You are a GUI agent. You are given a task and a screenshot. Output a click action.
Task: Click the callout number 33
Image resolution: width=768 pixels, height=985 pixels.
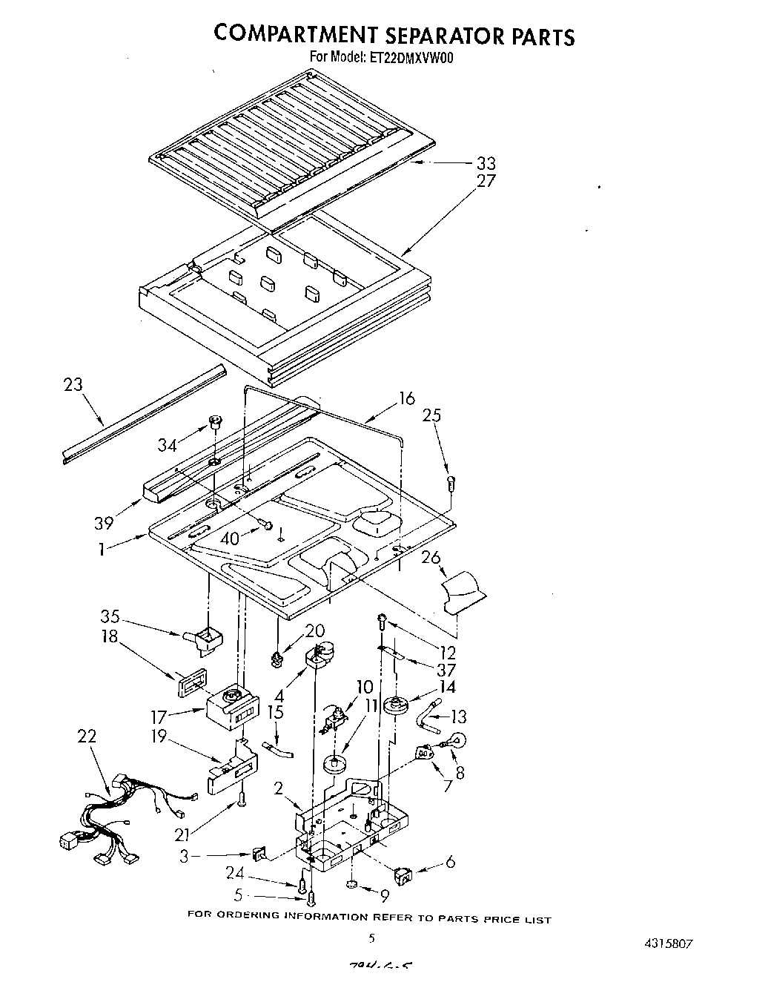pyautogui.click(x=486, y=163)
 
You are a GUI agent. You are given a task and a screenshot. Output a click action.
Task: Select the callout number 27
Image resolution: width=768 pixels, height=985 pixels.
pyautogui.click(x=486, y=180)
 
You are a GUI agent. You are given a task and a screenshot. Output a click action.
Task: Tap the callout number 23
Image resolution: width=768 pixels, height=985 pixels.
pyautogui.click(x=73, y=384)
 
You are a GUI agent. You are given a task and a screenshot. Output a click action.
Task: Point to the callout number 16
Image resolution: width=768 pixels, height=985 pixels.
pyautogui.click(x=406, y=398)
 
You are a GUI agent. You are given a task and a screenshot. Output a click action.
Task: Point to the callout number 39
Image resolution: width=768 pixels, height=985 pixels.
pyautogui.click(x=104, y=522)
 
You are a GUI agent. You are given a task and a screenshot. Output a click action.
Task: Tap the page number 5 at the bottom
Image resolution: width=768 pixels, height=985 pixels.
pyautogui.click(x=371, y=938)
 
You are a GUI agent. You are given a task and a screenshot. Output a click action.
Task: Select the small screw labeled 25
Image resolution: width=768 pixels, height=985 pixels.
pyautogui.click(x=451, y=483)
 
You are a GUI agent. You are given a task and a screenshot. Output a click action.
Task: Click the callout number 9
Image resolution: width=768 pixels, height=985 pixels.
pyautogui.click(x=383, y=895)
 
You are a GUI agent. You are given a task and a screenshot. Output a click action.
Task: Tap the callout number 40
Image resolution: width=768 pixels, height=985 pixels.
pyautogui.click(x=230, y=539)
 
